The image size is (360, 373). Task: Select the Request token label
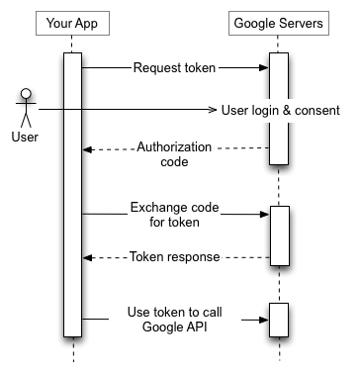tap(175, 68)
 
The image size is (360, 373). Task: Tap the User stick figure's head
tap(27, 96)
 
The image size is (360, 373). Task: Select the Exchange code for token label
tap(175, 214)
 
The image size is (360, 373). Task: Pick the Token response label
tap(175, 256)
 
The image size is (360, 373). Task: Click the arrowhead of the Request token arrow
tap(264, 68)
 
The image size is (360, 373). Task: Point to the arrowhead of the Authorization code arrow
tap(87, 149)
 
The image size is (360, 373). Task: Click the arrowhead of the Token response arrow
tap(87, 256)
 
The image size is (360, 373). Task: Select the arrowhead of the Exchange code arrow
tap(264, 213)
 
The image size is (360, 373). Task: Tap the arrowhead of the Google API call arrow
tap(264, 319)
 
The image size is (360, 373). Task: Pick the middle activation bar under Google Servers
tap(278, 234)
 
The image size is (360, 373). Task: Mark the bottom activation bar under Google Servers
tap(278, 319)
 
